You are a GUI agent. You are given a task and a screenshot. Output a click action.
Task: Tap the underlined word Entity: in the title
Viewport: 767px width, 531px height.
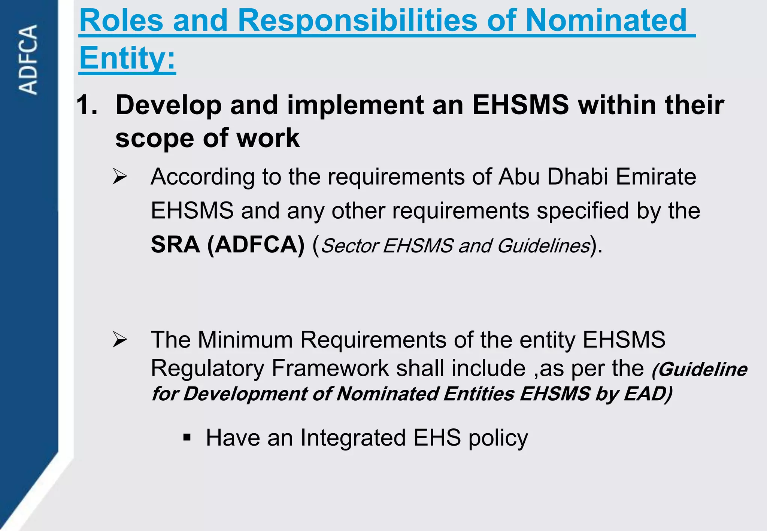point(127,58)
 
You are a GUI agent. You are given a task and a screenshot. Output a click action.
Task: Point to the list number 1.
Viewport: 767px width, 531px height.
point(87,105)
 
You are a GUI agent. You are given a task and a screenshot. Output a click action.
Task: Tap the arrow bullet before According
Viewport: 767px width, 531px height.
point(120,176)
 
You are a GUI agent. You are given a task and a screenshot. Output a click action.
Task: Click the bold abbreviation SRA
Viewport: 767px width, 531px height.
point(175,245)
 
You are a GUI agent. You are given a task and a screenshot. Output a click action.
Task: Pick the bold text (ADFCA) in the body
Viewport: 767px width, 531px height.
point(256,245)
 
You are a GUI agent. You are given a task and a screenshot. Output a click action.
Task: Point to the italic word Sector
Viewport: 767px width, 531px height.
point(350,246)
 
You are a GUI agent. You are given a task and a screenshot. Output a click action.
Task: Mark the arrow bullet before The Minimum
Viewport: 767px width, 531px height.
point(120,340)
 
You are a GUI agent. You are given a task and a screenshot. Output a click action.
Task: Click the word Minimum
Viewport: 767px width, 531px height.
point(245,340)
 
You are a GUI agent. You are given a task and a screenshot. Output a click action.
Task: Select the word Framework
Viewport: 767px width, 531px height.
point(330,368)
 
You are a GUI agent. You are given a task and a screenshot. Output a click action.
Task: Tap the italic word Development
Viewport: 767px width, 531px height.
point(245,394)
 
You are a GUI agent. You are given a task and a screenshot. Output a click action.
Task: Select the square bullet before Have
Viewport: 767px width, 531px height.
point(187,437)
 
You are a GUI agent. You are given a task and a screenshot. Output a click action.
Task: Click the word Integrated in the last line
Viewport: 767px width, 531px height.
point(353,437)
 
